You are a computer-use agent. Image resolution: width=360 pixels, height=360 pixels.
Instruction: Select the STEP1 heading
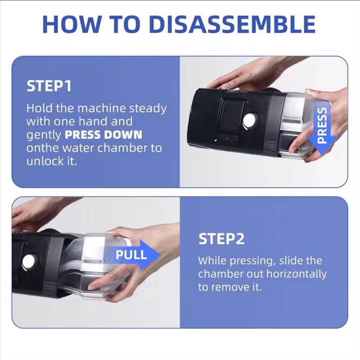(x=48, y=86)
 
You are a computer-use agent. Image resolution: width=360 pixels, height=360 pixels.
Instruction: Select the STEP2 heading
(x=221, y=239)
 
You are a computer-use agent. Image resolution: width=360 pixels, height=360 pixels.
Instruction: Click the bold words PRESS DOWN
(x=103, y=135)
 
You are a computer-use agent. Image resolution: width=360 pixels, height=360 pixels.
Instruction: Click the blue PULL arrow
(x=132, y=255)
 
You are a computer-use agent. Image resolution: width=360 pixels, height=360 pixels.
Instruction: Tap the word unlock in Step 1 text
(x=43, y=161)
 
